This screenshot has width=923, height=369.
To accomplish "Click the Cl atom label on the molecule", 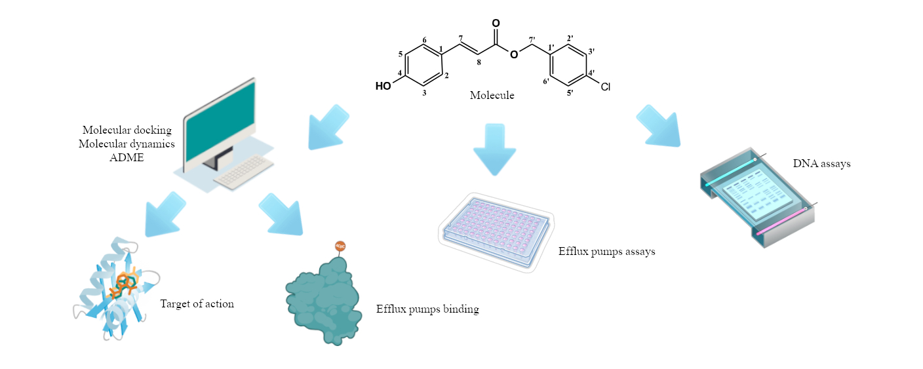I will pyautogui.click(x=605, y=87).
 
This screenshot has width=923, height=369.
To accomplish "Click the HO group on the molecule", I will pyautogui.click(x=383, y=86).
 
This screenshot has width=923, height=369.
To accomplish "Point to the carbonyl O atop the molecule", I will pyautogui.click(x=496, y=24).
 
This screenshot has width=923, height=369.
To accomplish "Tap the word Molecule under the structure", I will pyautogui.click(x=492, y=96).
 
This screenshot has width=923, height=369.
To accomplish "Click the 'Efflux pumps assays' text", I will pyautogui.click(x=606, y=251).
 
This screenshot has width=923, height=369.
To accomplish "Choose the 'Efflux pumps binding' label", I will pyautogui.click(x=427, y=309).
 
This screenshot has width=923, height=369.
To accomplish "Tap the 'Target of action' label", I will pyautogui.click(x=197, y=303).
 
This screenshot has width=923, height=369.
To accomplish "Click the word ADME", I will pyautogui.click(x=127, y=158).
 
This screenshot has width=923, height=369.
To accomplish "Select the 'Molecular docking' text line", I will pyautogui.click(x=127, y=130).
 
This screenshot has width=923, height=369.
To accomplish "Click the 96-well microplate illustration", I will pyautogui.click(x=496, y=229).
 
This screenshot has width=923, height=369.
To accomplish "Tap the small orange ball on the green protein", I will pyautogui.click(x=340, y=246).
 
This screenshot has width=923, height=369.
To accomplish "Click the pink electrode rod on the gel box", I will pyautogui.click(x=781, y=222).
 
